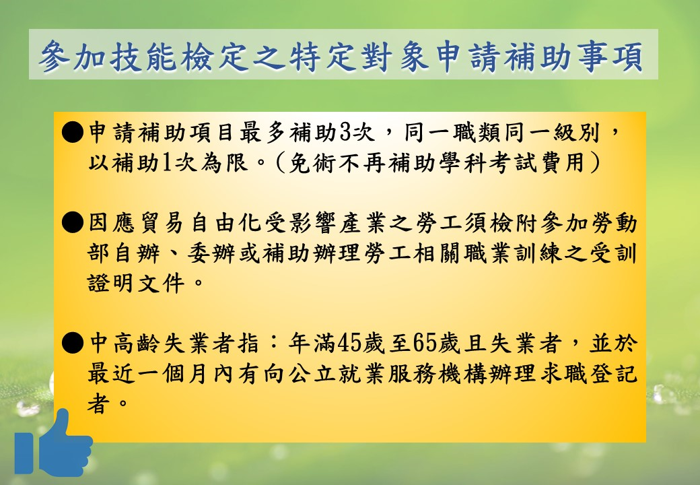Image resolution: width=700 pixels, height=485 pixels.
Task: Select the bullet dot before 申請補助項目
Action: point(72,133)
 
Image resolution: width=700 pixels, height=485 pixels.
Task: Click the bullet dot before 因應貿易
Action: point(72,223)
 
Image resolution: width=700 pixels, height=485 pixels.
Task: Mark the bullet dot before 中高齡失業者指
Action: point(72,344)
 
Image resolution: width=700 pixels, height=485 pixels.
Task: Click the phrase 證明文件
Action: point(135,283)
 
